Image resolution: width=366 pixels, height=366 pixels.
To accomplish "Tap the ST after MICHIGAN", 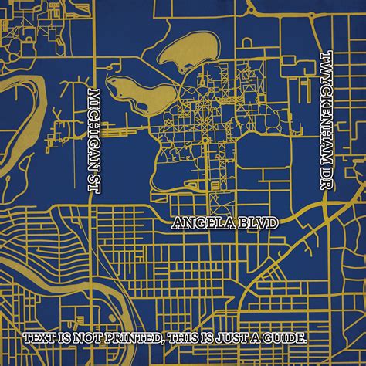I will pyautogui.click(x=95, y=181).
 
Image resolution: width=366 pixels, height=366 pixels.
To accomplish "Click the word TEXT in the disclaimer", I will pyautogui.click(x=40, y=337).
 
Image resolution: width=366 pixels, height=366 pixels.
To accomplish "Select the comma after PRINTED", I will pyautogui.click(x=164, y=341).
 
